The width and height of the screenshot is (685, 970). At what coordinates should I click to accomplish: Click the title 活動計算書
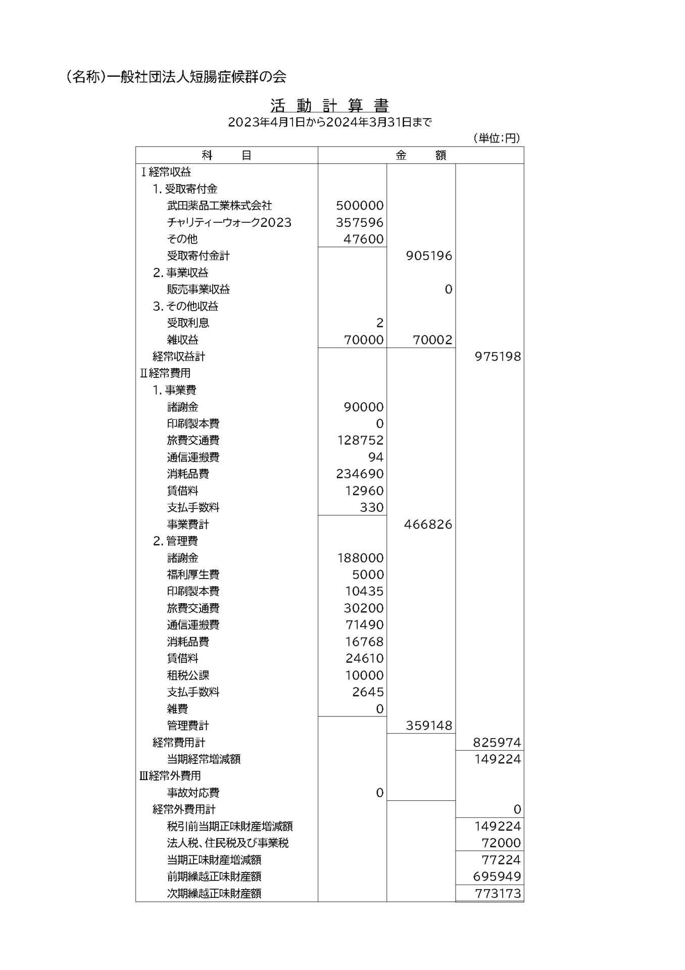[x=329, y=105]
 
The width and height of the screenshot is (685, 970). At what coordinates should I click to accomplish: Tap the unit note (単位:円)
[x=497, y=138]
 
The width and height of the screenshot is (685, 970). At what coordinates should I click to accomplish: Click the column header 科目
[x=226, y=155]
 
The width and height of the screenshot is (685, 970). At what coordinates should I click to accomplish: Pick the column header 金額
[x=420, y=155]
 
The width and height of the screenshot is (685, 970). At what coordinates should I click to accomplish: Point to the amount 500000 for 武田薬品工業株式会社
[x=359, y=206]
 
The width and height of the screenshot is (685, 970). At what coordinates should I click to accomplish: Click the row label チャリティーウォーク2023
[x=229, y=222]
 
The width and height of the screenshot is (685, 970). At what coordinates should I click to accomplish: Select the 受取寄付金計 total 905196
[x=429, y=256]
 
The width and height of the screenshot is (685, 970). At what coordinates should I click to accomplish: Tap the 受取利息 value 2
[x=380, y=323]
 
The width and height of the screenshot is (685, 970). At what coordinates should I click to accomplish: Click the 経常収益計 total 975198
[x=498, y=357]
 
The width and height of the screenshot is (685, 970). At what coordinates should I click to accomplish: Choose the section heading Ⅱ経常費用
[x=165, y=373]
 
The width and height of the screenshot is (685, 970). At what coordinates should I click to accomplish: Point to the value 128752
[x=360, y=441]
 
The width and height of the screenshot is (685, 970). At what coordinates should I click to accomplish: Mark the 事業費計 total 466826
[x=428, y=524]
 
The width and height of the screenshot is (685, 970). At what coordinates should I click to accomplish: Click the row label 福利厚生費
[x=193, y=574]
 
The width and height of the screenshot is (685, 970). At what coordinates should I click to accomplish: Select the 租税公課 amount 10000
[x=364, y=675]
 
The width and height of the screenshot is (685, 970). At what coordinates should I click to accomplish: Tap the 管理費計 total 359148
[x=429, y=725]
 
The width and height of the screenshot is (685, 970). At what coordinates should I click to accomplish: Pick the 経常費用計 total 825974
[x=497, y=742]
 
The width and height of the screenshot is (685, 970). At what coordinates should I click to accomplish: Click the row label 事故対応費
[x=193, y=793]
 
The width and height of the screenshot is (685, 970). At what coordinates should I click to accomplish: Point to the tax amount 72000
[x=501, y=843]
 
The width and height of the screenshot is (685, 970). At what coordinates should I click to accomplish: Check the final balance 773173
[x=498, y=893]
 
